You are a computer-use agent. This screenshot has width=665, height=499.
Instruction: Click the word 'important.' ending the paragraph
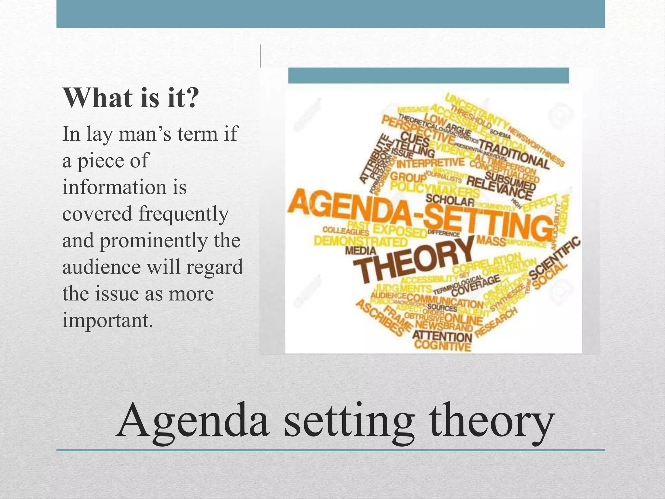point(107,320)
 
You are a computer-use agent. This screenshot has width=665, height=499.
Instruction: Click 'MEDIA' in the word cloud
point(360,250)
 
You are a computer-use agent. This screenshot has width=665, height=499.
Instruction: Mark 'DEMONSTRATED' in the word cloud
point(360,241)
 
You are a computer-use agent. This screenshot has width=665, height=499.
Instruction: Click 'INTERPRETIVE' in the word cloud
point(430,162)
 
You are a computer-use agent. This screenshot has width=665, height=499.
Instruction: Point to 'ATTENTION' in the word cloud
point(442,336)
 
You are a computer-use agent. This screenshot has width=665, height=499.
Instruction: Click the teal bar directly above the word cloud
point(428,75)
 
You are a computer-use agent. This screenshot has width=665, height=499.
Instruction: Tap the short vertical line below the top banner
point(260,56)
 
